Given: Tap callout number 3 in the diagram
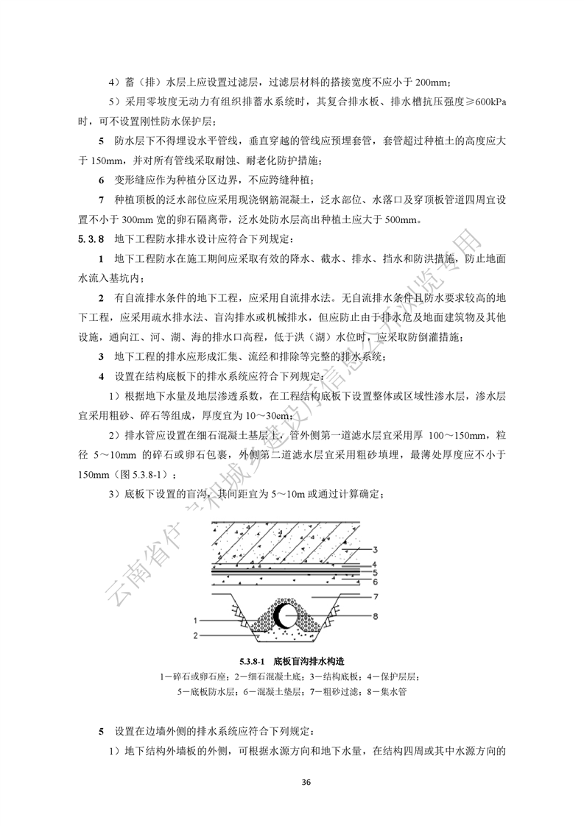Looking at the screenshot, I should [376, 549].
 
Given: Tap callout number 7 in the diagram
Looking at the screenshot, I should [376, 596].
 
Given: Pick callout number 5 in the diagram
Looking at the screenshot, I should [376, 571].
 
